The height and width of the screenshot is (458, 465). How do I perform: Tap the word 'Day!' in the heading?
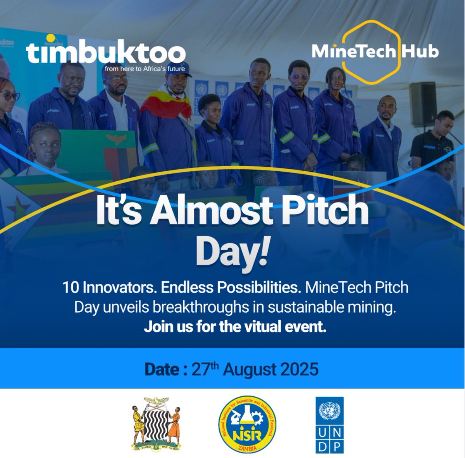pyautogui.click(x=232, y=253)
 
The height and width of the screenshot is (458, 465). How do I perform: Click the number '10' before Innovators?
pyautogui.click(x=71, y=288)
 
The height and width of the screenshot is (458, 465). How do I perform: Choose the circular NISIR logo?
pyautogui.click(x=247, y=425)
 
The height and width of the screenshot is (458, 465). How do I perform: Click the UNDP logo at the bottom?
pyautogui.click(x=329, y=425)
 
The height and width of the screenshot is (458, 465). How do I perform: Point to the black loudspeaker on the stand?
pyautogui.click(x=423, y=104)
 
